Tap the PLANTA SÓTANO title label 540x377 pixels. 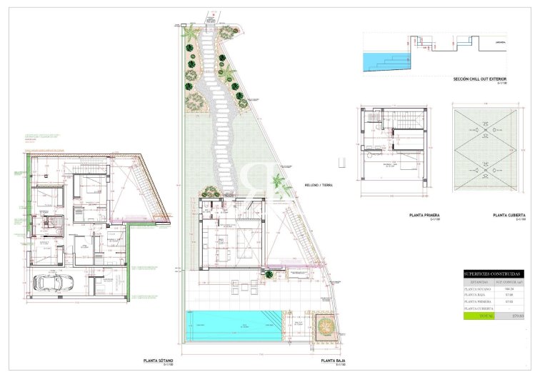click(x=159, y=361)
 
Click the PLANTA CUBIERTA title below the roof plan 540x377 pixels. click(x=509, y=215)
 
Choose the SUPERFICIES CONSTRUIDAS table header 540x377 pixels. click(x=494, y=274)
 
